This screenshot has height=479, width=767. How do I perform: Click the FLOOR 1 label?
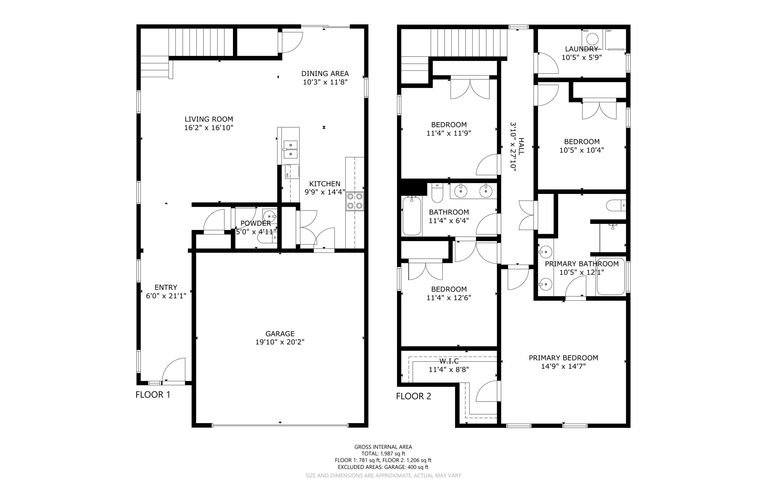coord(153,395)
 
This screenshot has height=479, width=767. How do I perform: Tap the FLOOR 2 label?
coord(413,396)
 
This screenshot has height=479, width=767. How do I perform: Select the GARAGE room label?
coord(280,334)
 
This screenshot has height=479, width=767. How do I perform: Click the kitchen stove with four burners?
coord(354,201)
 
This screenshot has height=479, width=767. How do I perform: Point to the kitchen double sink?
coord(290,149)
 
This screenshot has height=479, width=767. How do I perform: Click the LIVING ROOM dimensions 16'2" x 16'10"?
coord(209,128)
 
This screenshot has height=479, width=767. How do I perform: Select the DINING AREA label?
coord(325,74)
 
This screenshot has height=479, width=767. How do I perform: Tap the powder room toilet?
coord(272,237)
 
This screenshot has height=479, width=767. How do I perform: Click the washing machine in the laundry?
coord(592,39)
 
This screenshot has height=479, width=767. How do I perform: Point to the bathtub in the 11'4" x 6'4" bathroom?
coord(412,216)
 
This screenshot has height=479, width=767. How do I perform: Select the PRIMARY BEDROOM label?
coord(563,358)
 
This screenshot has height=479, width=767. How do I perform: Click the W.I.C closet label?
coord(449,361)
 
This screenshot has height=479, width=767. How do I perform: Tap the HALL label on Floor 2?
coord(521,146)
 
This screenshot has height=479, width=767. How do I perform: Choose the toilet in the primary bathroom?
coord(615,205)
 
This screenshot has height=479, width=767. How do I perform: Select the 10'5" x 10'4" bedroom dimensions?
coord(582,150)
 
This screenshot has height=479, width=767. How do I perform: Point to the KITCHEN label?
coord(325,184)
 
